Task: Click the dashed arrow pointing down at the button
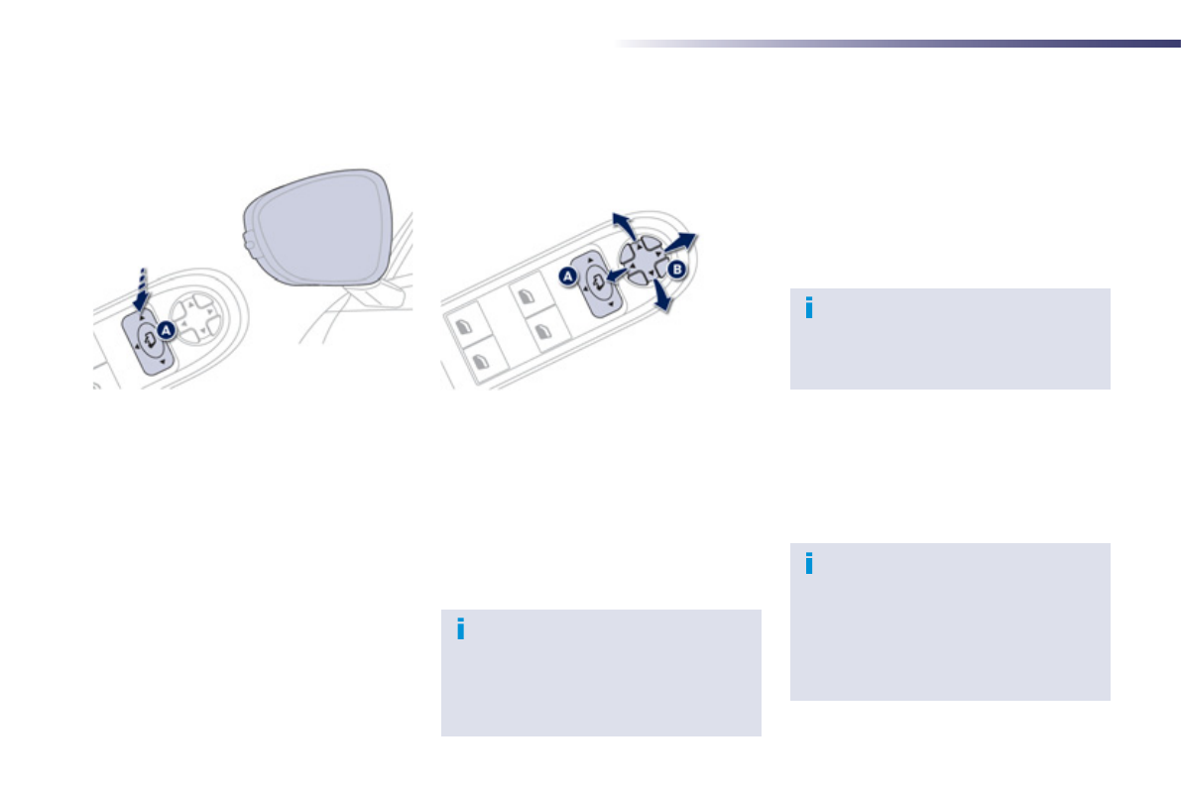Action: point(143,286)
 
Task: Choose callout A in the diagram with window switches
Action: point(568,278)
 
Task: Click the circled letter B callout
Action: point(677,269)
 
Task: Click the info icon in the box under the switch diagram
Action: point(460,629)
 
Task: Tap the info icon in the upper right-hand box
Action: point(809,308)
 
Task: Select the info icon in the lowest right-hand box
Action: point(809,563)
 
